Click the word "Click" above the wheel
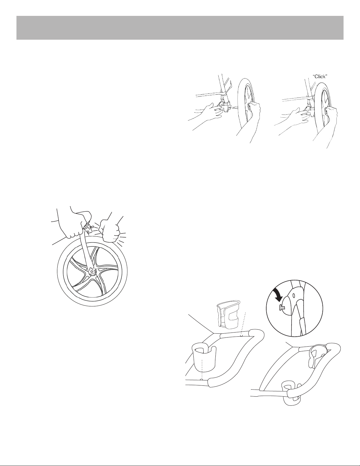coord(320,77)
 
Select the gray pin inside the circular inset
coord(281,308)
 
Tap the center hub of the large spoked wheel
coord(92,272)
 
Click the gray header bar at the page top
coord(180,28)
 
